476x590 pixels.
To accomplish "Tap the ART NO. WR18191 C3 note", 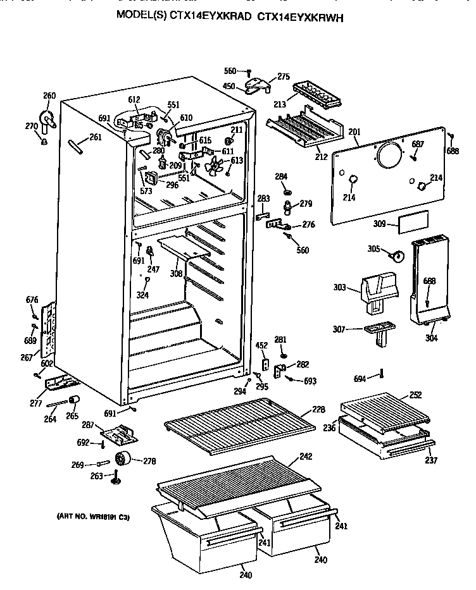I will pyautogui.click(x=89, y=517).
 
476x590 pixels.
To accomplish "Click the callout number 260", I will pyautogui.click(x=49, y=96).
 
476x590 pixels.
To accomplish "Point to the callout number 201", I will pyautogui.click(x=354, y=132).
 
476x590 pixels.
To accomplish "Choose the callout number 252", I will pyautogui.click(x=415, y=395).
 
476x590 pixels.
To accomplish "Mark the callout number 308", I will pyautogui.click(x=176, y=274).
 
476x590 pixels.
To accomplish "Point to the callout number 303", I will pyautogui.click(x=340, y=288).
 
